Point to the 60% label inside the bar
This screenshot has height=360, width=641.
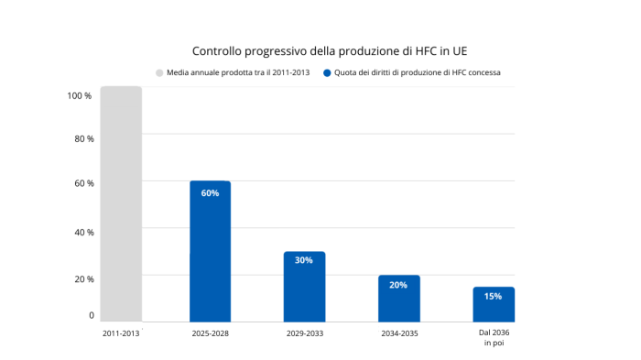(x=210, y=193)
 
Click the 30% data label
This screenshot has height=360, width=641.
(x=304, y=260)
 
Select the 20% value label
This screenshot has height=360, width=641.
(x=398, y=285)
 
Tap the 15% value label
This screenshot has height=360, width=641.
(x=494, y=296)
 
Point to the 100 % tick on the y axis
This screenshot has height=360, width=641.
(x=80, y=95)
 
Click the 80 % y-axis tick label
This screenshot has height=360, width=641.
(x=84, y=139)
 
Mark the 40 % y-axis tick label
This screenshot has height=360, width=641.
(x=84, y=232)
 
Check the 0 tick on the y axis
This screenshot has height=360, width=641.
(x=92, y=315)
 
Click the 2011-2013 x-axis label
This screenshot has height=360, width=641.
(x=121, y=333)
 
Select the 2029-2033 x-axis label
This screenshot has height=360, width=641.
(x=304, y=333)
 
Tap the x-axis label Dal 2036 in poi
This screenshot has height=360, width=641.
(x=494, y=338)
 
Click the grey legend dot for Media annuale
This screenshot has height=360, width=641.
(x=159, y=72)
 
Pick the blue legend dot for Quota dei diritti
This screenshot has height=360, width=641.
(x=327, y=72)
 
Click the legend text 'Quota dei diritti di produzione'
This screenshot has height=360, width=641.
(x=417, y=72)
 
